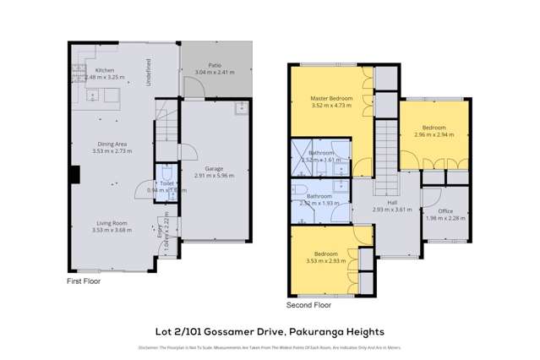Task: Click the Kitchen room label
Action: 105,70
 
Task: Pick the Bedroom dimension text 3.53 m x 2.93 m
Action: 325,260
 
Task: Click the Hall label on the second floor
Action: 392,202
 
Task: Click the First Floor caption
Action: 85,280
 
